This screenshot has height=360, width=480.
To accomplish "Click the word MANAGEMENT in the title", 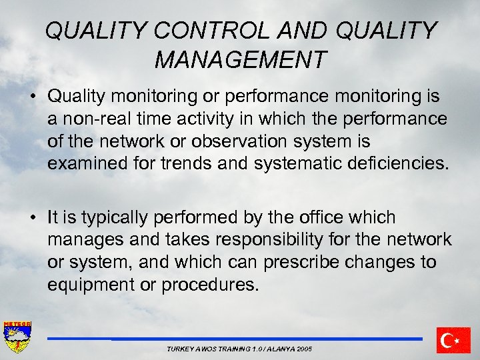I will tap(241, 59).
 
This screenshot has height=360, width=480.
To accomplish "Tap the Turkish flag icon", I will tap(453, 340).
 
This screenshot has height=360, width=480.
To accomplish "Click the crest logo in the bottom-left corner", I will tap(17, 337).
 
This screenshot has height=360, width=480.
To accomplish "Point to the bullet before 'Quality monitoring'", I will tap(32, 97).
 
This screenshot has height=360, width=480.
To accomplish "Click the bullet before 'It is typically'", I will tap(32, 217).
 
